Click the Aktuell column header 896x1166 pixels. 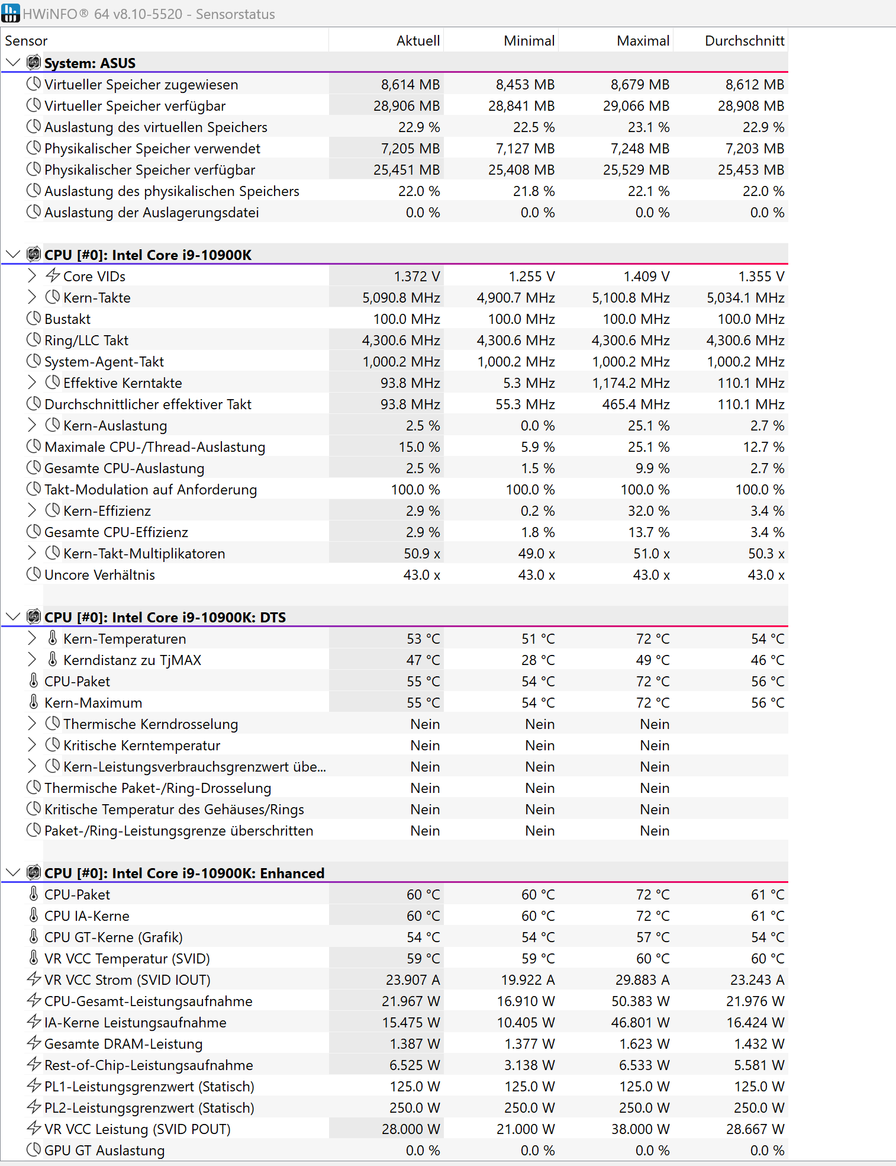[x=418, y=41]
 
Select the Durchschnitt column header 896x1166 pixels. [x=744, y=41]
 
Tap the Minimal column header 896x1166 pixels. [x=528, y=41]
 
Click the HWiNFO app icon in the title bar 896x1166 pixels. [x=11, y=13]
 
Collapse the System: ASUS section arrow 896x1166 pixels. [x=12, y=63]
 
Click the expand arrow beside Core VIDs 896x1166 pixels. [x=32, y=276]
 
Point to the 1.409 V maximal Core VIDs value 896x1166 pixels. [x=646, y=277]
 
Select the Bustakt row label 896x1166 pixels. [x=67, y=319]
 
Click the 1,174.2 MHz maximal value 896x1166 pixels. [x=631, y=383]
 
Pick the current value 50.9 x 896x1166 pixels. [x=421, y=554]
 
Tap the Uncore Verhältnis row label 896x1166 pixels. [x=99, y=575]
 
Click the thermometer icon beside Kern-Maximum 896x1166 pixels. [x=34, y=702]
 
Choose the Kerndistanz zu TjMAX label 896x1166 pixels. [x=132, y=660]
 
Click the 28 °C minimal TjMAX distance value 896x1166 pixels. [x=538, y=660]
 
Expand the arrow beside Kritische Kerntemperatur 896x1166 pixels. [x=32, y=745]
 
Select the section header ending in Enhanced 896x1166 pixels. [x=184, y=873]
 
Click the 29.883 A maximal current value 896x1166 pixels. [x=642, y=980]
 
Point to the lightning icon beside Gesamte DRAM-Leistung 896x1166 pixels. [x=34, y=1043]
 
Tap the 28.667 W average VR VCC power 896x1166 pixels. [x=755, y=1129]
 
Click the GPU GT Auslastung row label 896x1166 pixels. [x=104, y=1151]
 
